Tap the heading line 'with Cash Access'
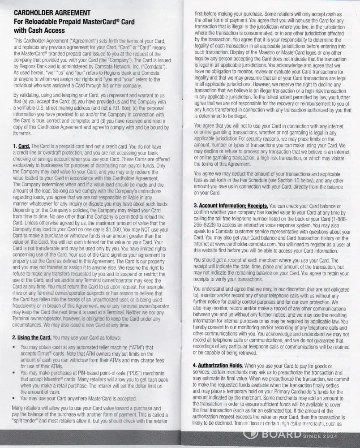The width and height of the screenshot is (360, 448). [39, 30]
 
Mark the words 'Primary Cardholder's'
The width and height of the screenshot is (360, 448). [287, 391]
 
